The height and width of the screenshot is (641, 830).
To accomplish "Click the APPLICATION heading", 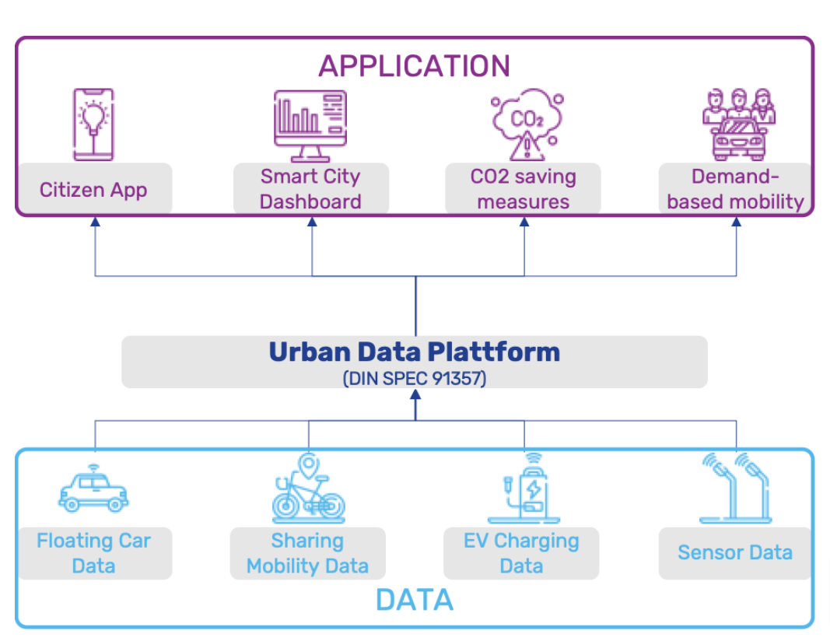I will point(414,65).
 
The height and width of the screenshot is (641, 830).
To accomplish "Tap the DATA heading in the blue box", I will point(414,599).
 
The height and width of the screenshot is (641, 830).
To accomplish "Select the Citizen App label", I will point(93,189).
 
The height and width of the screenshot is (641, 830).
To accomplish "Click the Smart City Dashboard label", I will point(310,189).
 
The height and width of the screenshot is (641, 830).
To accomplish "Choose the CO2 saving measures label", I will point(523,189).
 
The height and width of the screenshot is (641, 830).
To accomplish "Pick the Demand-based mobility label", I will point(735,189).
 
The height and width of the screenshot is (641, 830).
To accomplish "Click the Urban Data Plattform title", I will point(414,352).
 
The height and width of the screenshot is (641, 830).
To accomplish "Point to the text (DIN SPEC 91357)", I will point(414,378).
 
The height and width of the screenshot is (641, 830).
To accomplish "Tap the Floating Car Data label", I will point(93,553).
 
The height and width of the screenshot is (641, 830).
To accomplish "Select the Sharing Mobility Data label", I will point(307,553).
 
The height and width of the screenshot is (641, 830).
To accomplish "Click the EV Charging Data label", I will point(521,553).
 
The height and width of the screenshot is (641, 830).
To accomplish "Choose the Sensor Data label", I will point(735,553).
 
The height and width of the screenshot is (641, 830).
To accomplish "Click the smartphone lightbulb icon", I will point(93,124).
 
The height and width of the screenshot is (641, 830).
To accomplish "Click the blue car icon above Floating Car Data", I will point(93,490).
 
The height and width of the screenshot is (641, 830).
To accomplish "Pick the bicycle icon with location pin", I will point(308,490).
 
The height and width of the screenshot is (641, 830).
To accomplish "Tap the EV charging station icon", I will point(523,490).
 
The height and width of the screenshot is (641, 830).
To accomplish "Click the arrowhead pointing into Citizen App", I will point(95,222).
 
